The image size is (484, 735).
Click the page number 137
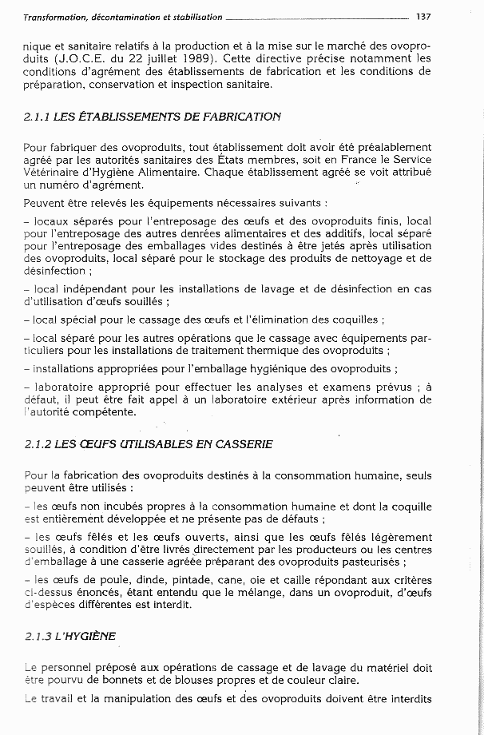(x=423, y=16)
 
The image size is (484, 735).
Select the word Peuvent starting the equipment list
(x=47, y=203)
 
